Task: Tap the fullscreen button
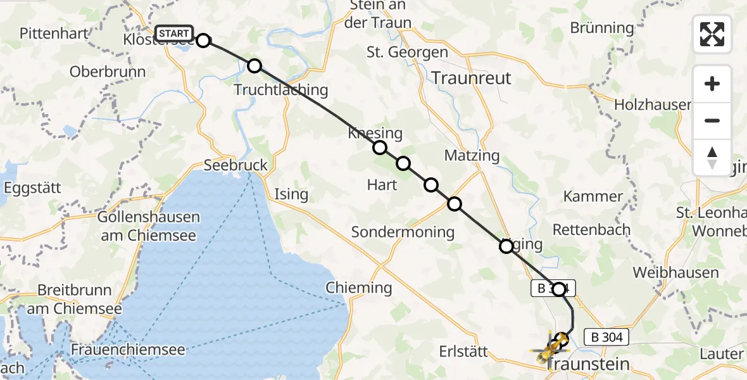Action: click(x=712, y=34)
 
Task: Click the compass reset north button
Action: click(x=712, y=158)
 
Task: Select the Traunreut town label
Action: click(x=472, y=77)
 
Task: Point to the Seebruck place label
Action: click(x=235, y=165)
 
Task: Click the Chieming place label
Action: click(x=359, y=288)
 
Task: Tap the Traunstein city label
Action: click(x=588, y=364)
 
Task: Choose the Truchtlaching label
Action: click(x=281, y=90)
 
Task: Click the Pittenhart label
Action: click(x=53, y=34)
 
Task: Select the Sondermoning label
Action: click(x=403, y=232)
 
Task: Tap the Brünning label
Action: click(x=601, y=28)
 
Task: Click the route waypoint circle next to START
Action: click(x=203, y=41)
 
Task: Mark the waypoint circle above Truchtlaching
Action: click(x=254, y=65)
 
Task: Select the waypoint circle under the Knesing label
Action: click(x=379, y=148)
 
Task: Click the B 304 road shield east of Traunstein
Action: click(x=608, y=337)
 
